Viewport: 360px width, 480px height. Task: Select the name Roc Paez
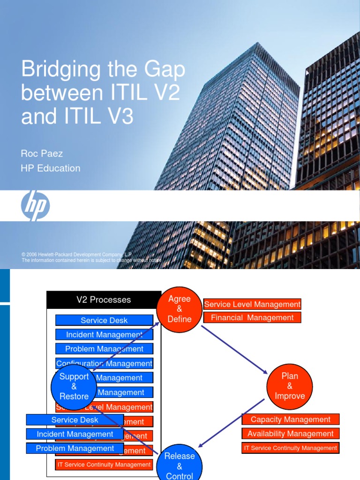(x=42, y=153)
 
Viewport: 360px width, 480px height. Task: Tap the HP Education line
(x=50, y=168)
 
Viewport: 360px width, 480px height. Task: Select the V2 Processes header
(x=104, y=300)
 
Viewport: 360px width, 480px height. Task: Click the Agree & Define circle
(x=179, y=309)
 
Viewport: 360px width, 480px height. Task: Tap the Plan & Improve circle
(x=289, y=386)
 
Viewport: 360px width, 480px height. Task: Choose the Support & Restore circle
(x=74, y=386)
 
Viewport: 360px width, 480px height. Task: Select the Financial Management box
(x=252, y=318)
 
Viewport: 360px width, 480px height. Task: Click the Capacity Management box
(x=291, y=420)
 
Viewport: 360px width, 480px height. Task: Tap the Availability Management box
(x=291, y=434)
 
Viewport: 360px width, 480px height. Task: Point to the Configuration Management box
(x=104, y=363)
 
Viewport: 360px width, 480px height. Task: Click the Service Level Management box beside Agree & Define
(x=252, y=304)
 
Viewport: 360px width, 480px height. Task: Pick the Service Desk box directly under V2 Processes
(x=104, y=321)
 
